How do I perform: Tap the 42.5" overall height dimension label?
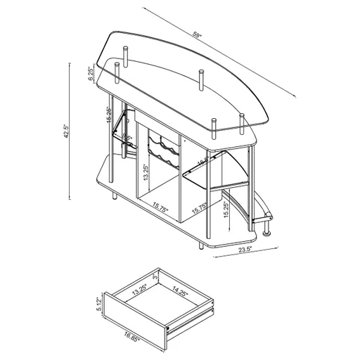(64, 131)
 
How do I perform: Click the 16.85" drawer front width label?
(127, 337)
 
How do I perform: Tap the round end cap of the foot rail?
(268, 229)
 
